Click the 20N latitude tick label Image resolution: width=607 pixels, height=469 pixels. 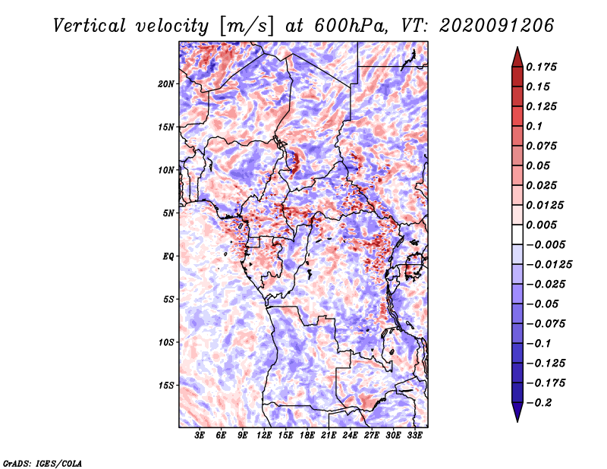pyautogui.click(x=166, y=83)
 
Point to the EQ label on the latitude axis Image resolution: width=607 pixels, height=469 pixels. pyautogui.click(x=168, y=257)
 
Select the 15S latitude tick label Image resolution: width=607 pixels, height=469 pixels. pyautogui.click(x=166, y=386)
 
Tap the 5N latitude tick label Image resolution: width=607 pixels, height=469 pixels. pyautogui.click(x=168, y=213)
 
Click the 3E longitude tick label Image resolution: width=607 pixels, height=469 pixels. pyautogui.click(x=200, y=436)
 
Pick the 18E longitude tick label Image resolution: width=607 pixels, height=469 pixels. pyautogui.click(x=307, y=436)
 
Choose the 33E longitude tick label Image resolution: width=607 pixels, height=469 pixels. pyautogui.click(x=414, y=436)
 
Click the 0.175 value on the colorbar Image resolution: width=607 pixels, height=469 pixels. pyautogui.click(x=543, y=67)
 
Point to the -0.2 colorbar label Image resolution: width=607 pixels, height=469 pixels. pyautogui.click(x=540, y=402)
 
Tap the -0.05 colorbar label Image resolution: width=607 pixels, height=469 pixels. pyautogui.click(x=543, y=304)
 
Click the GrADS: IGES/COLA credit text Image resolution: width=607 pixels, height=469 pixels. pyautogui.click(x=42, y=462)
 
